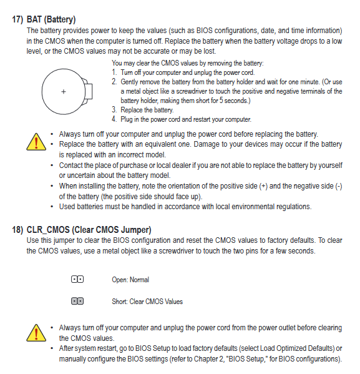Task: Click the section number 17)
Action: tap(17, 19)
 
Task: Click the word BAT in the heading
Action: tap(34, 19)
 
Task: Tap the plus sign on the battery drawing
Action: tap(64, 92)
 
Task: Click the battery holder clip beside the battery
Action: tap(88, 91)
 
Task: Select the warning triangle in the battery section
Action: tap(36, 142)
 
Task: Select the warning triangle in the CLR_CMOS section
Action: tap(36, 333)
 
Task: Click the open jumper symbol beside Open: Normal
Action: tap(77, 279)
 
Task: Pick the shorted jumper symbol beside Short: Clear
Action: tap(77, 301)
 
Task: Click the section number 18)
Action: tap(17, 230)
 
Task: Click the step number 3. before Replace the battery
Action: tap(114, 110)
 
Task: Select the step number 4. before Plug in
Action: tap(114, 119)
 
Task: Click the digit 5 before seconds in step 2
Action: tap(221, 101)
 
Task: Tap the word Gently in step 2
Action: tap(129, 82)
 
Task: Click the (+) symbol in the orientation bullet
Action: tap(263, 186)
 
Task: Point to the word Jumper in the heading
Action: tap(136, 230)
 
